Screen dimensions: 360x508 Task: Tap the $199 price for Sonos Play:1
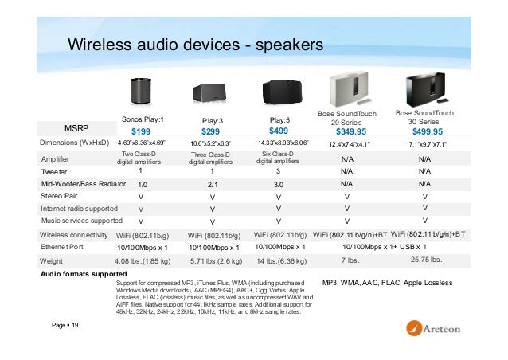point(141,131)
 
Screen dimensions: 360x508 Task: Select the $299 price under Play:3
point(210,131)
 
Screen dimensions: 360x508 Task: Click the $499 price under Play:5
point(279,131)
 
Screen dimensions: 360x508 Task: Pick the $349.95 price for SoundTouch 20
point(351,131)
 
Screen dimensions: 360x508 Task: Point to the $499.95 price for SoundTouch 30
point(428,131)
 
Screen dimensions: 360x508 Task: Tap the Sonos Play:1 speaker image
point(141,96)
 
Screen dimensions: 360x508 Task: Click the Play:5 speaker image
point(279,96)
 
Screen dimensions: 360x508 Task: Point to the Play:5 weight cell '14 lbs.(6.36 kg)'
point(279,260)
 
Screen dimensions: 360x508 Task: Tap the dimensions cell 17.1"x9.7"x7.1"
point(426,144)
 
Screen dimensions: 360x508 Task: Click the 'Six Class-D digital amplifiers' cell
point(279,157)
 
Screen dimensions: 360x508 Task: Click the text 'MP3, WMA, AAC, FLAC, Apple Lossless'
point(393,283)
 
